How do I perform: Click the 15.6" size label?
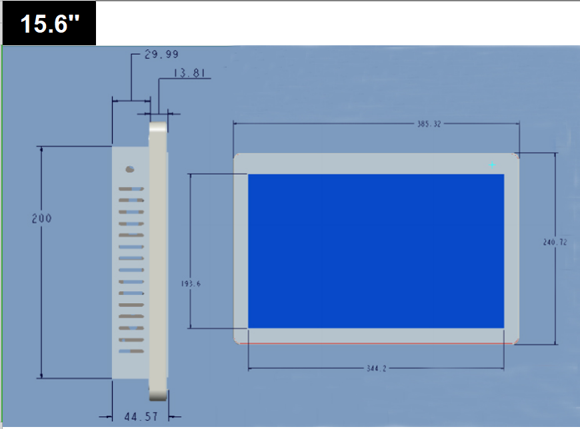tap(49, 24)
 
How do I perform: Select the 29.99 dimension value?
tap(161, 55)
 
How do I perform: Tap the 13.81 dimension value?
tap(189, 73)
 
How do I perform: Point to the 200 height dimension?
tap(41, 218)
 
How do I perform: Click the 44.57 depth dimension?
tap(141, 417)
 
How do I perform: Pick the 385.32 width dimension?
tap(429, 124)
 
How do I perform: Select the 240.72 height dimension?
tap(555, 242)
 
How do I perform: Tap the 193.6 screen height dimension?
tap(191, 284)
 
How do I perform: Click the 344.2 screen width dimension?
tap(376, 368)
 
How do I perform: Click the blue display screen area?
tap(376, 251)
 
